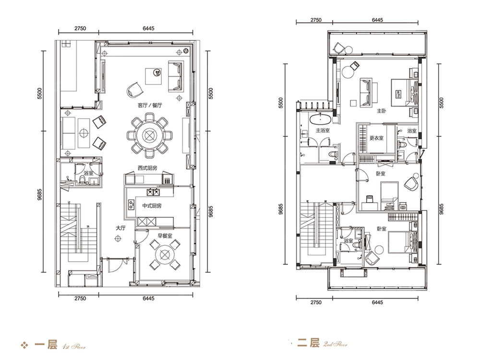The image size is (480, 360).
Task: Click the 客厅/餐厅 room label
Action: coord(150,105)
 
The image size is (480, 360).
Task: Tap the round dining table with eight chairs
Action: coord(150,135)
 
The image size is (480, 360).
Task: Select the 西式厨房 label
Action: coord(147,168)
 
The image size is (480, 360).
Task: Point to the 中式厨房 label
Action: coord(152,206)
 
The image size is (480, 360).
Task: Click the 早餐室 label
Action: coord(165,236)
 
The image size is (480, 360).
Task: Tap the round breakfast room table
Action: coord(165,254)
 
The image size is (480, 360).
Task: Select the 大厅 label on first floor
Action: coord(120,228)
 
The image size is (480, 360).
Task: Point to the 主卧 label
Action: coord(382,111)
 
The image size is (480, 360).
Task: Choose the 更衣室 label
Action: coord(376,138)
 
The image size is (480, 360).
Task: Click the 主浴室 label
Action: coord(323,131)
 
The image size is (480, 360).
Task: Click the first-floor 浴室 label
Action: coord(88,173)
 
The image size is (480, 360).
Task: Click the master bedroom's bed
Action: coord(404,93)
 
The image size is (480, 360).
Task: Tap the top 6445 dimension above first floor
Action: coord(148,28)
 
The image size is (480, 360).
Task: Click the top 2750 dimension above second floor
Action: coord(316,20)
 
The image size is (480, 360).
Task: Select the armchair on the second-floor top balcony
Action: coord(339,48)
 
